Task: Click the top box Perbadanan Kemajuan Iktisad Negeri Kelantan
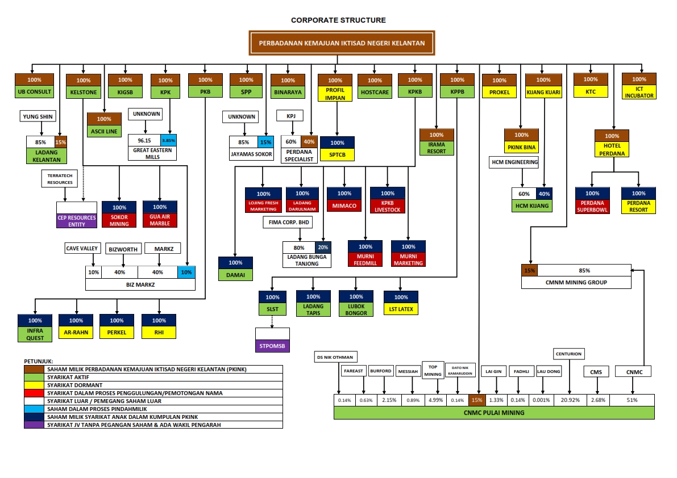click(x=342, y=43)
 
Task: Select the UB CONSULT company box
click(x=34, y=91)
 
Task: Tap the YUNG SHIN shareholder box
click(x=39, y=116)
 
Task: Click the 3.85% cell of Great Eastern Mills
click(x=169, y=140)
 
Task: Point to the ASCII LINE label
click(x=104, y=132)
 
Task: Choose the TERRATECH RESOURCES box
click(x=60, y=179)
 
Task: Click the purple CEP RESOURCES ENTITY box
click(x=77, y=221)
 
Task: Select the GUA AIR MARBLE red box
click(x=160, y=220)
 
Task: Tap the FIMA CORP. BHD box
click(x=289, y=223)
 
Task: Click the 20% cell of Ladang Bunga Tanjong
click(x=323, y=248)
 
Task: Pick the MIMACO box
click(x=344, y=206)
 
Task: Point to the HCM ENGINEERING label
click(x=514, y=162)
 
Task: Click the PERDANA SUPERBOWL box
click(x=592, y=206)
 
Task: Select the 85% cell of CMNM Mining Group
click(x=584, y=270)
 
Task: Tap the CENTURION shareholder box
click(x=568, y=354)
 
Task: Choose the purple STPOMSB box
click(x=272, y=346)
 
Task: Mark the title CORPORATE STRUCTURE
click(x=338, y=20)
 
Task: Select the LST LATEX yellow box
click(x=401, y=309)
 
